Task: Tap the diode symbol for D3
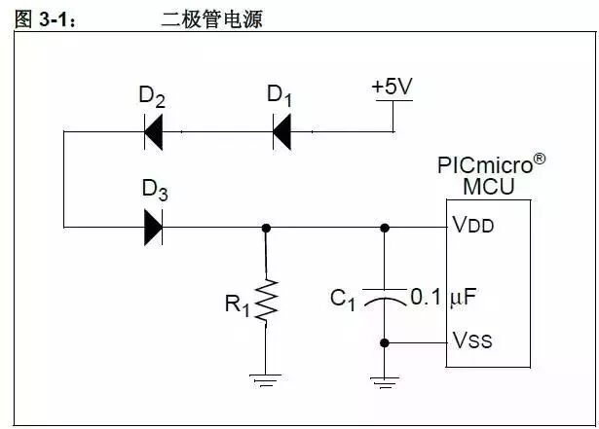[x=153, y=227]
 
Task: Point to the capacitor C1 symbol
[x=385, y=300]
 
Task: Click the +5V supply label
[x=393, y=87]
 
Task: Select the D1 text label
[x=280, y=95]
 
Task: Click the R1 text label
[x=238, y=304]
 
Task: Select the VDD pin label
[x=473, y=226]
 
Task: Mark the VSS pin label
[x=472, y=340]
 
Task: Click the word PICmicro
[x=482, y=164]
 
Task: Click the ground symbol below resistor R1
[x=266, y=378]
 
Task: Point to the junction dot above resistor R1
[x=266, y=227]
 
